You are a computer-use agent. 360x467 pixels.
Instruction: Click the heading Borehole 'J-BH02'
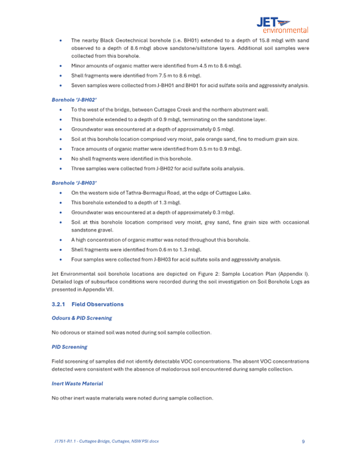tap(67, 99)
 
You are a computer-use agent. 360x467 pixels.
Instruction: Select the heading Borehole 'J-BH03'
tap(67, 183)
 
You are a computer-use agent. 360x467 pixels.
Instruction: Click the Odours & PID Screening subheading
tap(82, 318)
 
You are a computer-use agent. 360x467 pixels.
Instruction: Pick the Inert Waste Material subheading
tap(77, 383)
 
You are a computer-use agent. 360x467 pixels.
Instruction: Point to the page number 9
tap(303, 441)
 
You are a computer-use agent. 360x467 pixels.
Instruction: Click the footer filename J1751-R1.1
tap(67, 441)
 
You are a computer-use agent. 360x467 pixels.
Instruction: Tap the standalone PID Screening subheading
tap(69, 346)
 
